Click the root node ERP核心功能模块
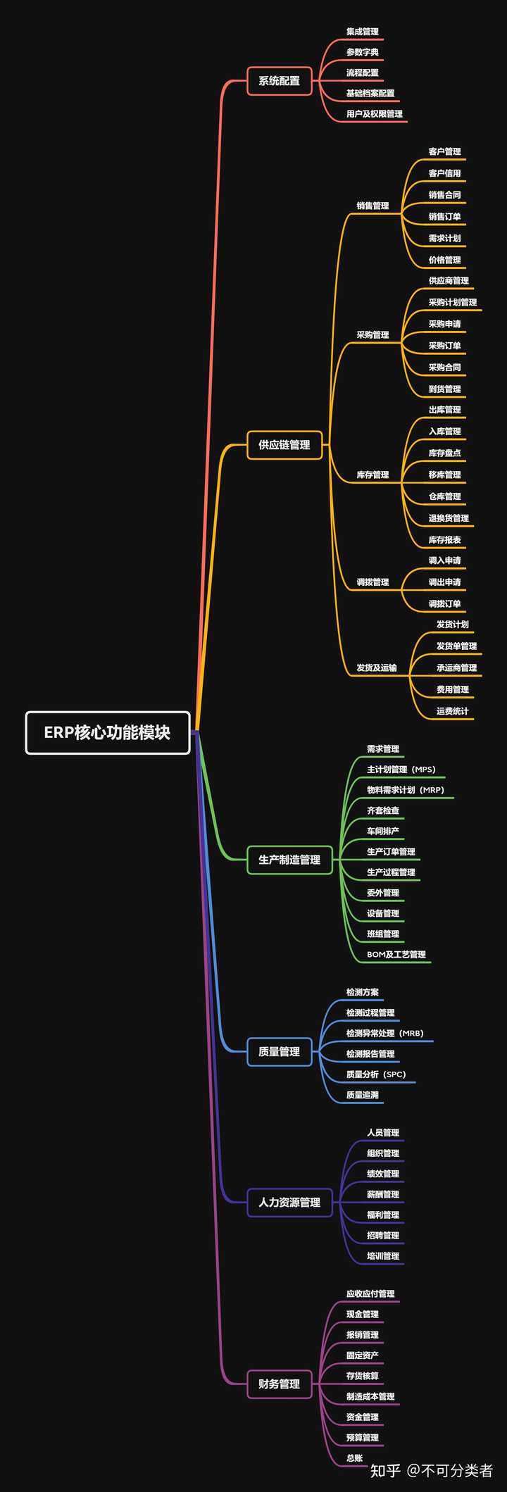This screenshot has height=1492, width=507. click(108, 732)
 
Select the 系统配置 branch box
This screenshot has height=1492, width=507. click(279, 81)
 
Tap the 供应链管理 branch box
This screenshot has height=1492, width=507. click(284, 445)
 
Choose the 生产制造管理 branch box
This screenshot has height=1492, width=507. click(289, 860)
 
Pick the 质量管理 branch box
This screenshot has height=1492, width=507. click(279, 1051)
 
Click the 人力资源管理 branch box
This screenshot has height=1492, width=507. click(289, 1202)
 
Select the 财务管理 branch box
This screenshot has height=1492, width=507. click(279, 1384)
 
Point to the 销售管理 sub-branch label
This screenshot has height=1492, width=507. click(373, 206)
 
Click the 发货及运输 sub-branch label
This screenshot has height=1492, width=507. click(376, 667)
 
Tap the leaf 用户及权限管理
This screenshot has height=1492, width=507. click(374, 114)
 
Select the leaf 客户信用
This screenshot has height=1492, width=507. click(444, 173)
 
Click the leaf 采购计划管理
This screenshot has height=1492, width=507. click(452, 302)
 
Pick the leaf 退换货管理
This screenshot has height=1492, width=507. click(449, 518)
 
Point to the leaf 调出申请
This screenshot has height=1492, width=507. click(444, 582)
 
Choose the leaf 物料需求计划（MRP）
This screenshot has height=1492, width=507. click(406, 790)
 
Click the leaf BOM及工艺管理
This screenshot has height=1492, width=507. click(396, 955)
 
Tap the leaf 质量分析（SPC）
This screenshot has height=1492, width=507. click(376, 1074)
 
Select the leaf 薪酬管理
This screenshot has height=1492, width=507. click(382, 1194)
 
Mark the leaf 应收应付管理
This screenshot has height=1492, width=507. click(370, 1293)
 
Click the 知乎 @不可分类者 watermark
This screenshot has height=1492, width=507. click(431, 1470)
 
